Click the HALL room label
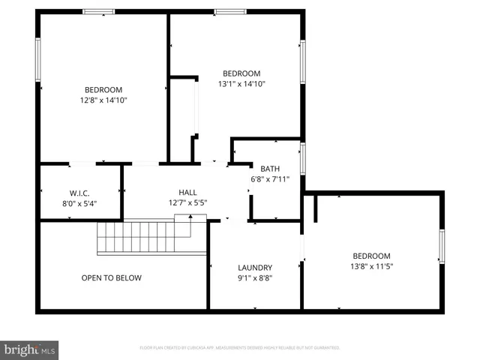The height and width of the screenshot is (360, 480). tap(187, 192)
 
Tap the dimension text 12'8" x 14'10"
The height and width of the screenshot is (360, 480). tap(103, 100)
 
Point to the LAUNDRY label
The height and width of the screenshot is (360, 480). tap(255, 268)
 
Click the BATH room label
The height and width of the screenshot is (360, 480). tap(270, 169)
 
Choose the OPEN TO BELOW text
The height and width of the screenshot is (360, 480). tap(111, 278)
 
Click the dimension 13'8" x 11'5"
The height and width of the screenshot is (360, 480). tap(372, 265)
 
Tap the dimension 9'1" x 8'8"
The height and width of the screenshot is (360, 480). tap(255, 277)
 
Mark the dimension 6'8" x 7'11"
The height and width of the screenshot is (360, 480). tap(270, 178)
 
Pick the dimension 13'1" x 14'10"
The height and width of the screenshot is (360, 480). tap(241, 83)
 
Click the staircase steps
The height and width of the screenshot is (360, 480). tap(142, 238)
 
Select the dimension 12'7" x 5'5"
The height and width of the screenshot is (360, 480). tap(187, 202)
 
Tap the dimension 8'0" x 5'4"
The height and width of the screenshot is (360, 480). tap(79, 202)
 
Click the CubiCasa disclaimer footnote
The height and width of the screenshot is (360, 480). tap(240, 348)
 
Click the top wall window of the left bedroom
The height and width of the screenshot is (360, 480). tap(98, 11)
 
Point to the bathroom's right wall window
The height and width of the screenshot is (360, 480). tap(303, 157)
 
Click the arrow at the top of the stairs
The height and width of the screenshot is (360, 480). tap(190, 218)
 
